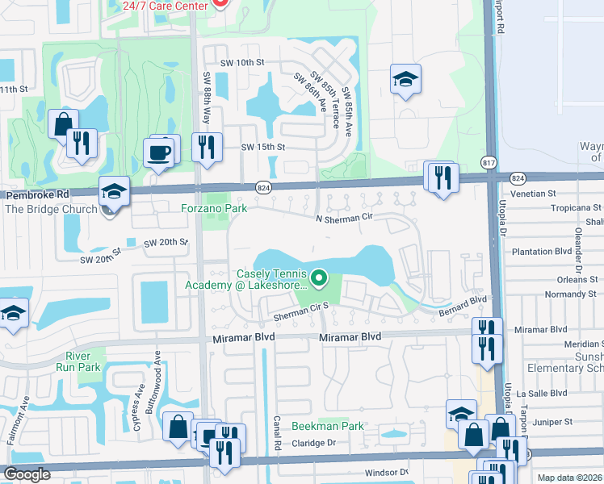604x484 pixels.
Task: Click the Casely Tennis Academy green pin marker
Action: (319, 279)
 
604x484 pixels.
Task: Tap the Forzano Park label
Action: (213, 208)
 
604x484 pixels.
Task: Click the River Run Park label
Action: (83, 361)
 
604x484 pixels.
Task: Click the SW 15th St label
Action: (263, 147)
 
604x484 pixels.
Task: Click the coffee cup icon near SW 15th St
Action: (158, 152)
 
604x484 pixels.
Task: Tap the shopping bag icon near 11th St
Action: (63, 125)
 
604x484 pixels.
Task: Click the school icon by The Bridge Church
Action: (114, 192)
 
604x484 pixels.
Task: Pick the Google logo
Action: (27, 474)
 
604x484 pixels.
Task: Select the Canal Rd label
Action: (276, 433)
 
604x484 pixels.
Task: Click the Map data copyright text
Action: (569, 478)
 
